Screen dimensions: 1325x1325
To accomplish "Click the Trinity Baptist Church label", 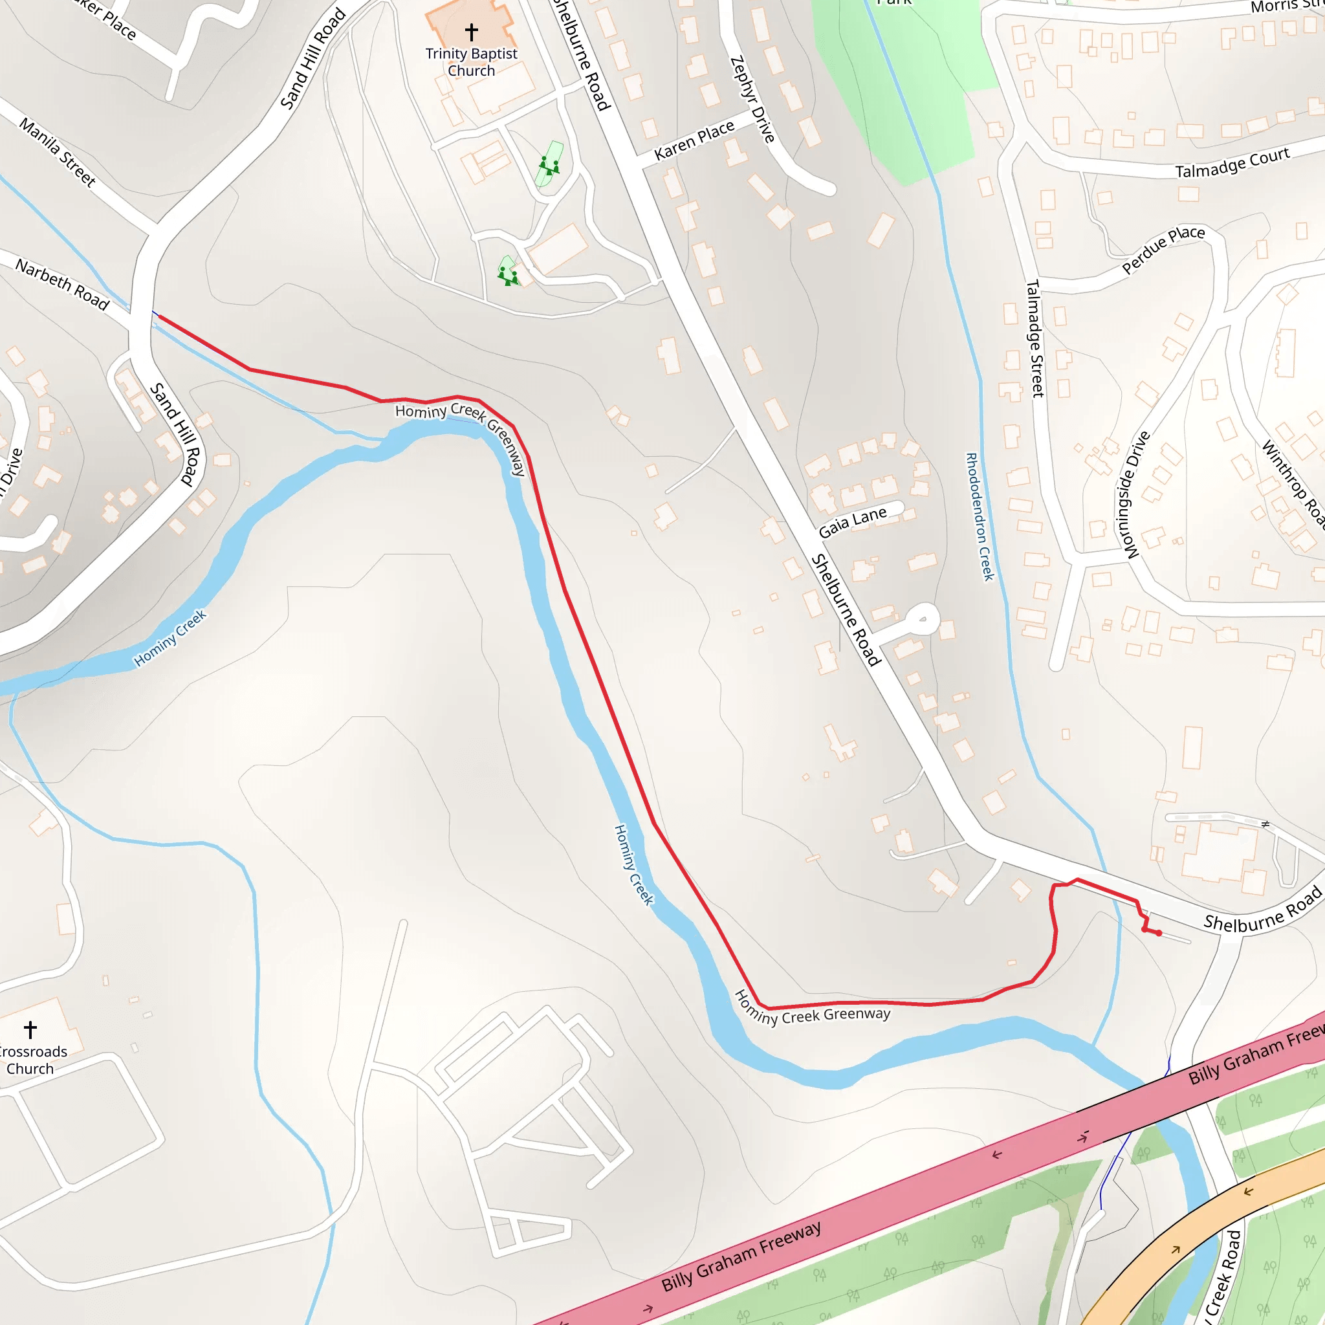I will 471,61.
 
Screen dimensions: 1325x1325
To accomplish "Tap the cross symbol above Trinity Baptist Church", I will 471,32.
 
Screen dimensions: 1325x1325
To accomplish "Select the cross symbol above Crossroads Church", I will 30,1029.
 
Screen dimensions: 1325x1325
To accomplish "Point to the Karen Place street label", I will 694,140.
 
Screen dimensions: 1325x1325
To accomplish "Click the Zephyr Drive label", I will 752,100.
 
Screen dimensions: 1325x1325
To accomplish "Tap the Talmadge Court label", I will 1232,163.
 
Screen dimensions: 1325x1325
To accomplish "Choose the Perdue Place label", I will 1163,249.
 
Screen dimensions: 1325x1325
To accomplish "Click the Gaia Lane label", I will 853,523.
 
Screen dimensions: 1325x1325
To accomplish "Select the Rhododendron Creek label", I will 980,516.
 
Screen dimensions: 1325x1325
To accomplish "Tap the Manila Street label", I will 58,151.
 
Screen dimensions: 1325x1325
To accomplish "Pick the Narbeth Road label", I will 62,284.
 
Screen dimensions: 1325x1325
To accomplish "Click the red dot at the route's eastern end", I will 1159,934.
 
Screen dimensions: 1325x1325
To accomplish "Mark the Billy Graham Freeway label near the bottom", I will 741,1256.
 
